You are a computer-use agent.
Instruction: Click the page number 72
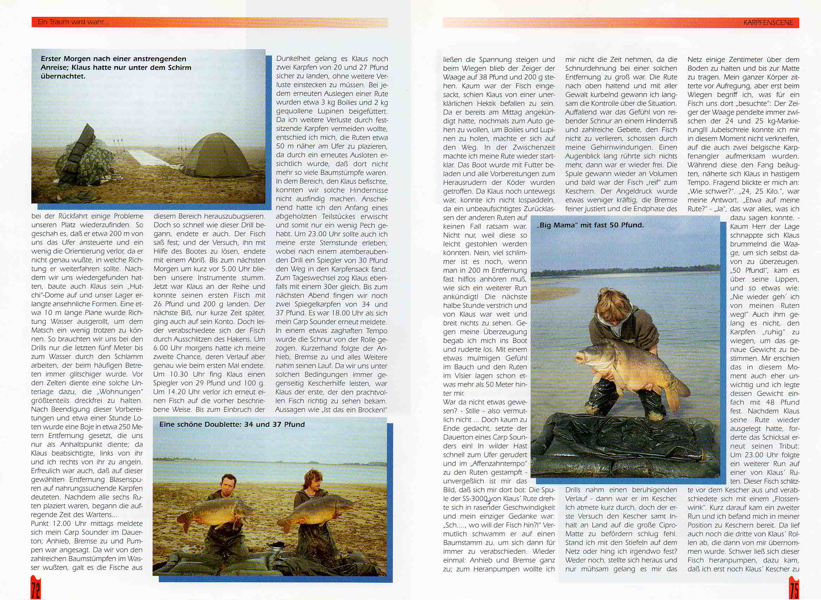click(x=36, y=590)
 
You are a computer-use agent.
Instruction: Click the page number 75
click(x=794, y=590)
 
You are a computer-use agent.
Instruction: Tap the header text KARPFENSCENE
click(x=768, y=22)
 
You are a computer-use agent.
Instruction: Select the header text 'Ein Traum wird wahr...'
click(x=73, y=22)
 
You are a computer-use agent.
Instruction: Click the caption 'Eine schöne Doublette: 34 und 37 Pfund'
click(x=232, y=424)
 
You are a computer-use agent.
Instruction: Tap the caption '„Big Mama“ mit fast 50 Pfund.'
click(x=590, y=225)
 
